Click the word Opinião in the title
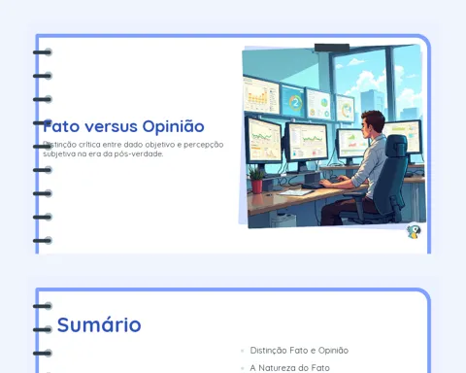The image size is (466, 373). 173,126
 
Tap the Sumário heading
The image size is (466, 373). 99,324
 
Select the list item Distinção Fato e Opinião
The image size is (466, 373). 299,351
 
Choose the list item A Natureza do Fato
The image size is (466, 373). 289,368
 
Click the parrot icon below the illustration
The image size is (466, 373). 414,232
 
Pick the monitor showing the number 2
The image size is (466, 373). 293,102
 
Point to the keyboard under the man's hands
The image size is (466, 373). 314,186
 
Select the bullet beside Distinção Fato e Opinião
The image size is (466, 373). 243,351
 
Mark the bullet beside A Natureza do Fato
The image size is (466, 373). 243,368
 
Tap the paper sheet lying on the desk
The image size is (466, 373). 296,192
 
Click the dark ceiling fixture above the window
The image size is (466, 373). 332,48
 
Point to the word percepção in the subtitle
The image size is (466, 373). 204,145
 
